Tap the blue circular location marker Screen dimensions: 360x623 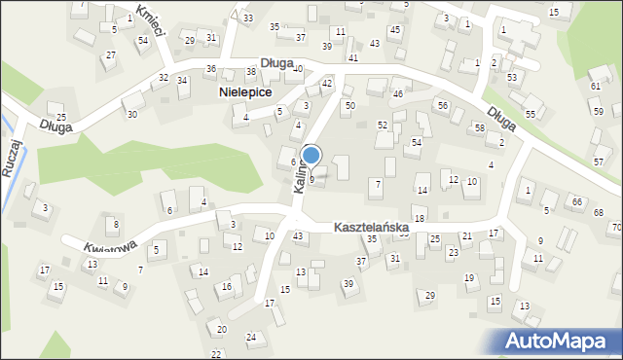(x=311, y=155)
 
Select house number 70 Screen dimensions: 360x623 (x=616, y=228)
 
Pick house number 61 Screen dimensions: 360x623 (x=595, y=86)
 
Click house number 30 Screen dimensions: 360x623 (x=131, y=114)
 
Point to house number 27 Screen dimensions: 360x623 (x=111, y=54)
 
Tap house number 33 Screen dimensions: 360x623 (x=248, y=18)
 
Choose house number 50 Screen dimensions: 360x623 (x=350, y=104)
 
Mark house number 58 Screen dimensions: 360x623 (x=479, y=128)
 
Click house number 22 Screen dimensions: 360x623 (x=216, y=353)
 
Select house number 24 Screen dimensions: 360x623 (x=250, y=338)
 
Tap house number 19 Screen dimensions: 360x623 (x=469, y=278)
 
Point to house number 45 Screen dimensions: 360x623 (x=394, y=29)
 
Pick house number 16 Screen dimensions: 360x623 (x=226, y=287)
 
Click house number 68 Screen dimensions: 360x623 (x=599, y=213)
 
